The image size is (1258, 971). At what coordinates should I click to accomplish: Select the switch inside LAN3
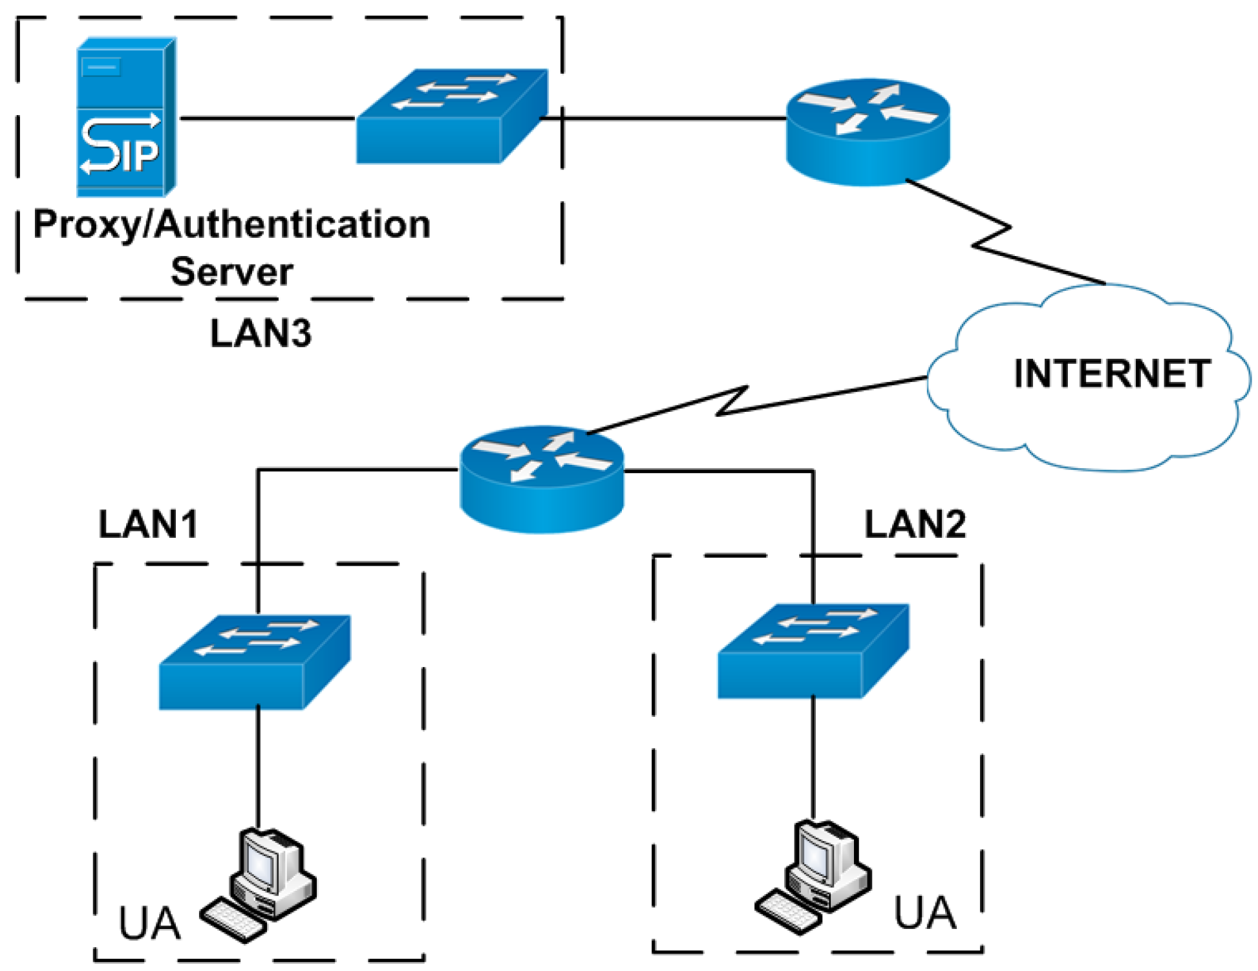[452, 117]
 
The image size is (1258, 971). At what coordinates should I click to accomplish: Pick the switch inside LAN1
[255, 662]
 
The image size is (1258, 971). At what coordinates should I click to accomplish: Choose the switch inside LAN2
[813, 651]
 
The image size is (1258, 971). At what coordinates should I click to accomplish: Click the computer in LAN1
[272, 873]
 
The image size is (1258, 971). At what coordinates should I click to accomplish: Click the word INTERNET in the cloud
[1111, 374]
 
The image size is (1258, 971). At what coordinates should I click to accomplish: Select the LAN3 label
[261, 334]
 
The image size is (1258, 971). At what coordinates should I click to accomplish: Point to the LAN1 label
[148, 524]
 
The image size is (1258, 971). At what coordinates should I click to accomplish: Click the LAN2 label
[915, 524]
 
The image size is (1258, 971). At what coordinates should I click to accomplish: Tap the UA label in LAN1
[149, 923]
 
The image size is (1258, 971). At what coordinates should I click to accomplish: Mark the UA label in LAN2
[924, 913]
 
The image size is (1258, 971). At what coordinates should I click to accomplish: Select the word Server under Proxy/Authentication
[231, 272]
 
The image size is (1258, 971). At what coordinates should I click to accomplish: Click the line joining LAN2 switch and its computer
[813, 756]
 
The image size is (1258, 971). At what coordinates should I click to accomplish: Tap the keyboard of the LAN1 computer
[233, 920]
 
